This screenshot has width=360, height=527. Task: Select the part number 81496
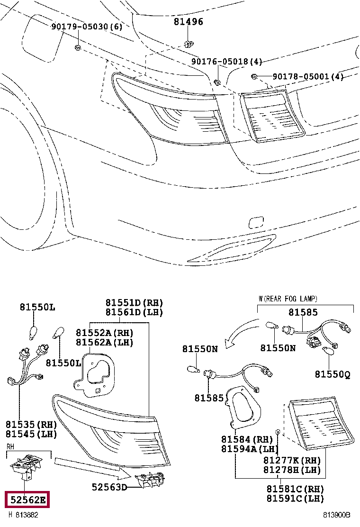tap(188, 22)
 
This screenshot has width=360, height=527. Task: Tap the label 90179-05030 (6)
tap(87, 27)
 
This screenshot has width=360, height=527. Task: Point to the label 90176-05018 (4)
tap(226, 62)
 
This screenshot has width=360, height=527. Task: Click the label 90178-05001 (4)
tap(308, 76)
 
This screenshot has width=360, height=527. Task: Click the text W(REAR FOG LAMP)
tap(288, 299)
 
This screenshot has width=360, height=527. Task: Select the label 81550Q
tap(333, 374)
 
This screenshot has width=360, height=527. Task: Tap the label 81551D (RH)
tap(134, 302)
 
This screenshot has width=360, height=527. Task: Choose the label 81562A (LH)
tap(105, 342)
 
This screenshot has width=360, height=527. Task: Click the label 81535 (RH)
tap(31, 424)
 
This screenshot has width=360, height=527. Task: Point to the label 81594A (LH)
tap(249, 449)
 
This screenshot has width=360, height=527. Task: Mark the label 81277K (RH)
tap(292, 460)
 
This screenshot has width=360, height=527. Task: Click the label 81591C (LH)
tap(295, 499)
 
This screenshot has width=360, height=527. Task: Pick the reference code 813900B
tap(337, 515)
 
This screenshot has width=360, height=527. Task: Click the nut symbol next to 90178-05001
tap(254, 76)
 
